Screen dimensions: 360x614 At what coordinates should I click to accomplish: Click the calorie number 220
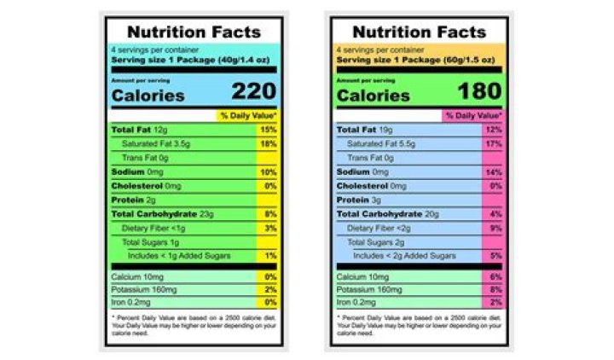253,91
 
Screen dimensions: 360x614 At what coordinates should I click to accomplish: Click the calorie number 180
479,91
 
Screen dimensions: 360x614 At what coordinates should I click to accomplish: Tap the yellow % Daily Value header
248,115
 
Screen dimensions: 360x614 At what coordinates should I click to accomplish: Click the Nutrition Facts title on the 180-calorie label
419,32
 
